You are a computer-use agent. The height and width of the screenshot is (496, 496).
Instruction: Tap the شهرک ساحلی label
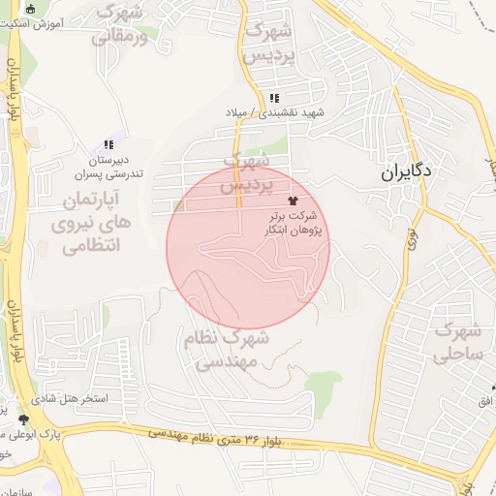[x=460, y=343]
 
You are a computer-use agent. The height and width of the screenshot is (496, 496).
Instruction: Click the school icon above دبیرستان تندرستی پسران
[x=108, y=144]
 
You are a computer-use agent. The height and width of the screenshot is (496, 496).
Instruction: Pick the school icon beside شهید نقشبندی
[x=274, y=98]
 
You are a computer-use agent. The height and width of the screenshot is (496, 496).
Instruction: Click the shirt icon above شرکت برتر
[x=294, y=198]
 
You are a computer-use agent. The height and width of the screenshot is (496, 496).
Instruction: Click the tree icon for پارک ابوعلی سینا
[x=23, y=419]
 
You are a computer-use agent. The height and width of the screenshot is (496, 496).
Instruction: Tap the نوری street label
[x=410, y=233]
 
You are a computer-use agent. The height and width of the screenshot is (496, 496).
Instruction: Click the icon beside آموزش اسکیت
[x=31, y=8]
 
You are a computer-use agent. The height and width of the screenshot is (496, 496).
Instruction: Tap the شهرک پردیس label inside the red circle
[x=244, y=172]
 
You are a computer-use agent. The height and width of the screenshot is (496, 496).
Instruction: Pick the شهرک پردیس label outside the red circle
[x=267, y=44]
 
